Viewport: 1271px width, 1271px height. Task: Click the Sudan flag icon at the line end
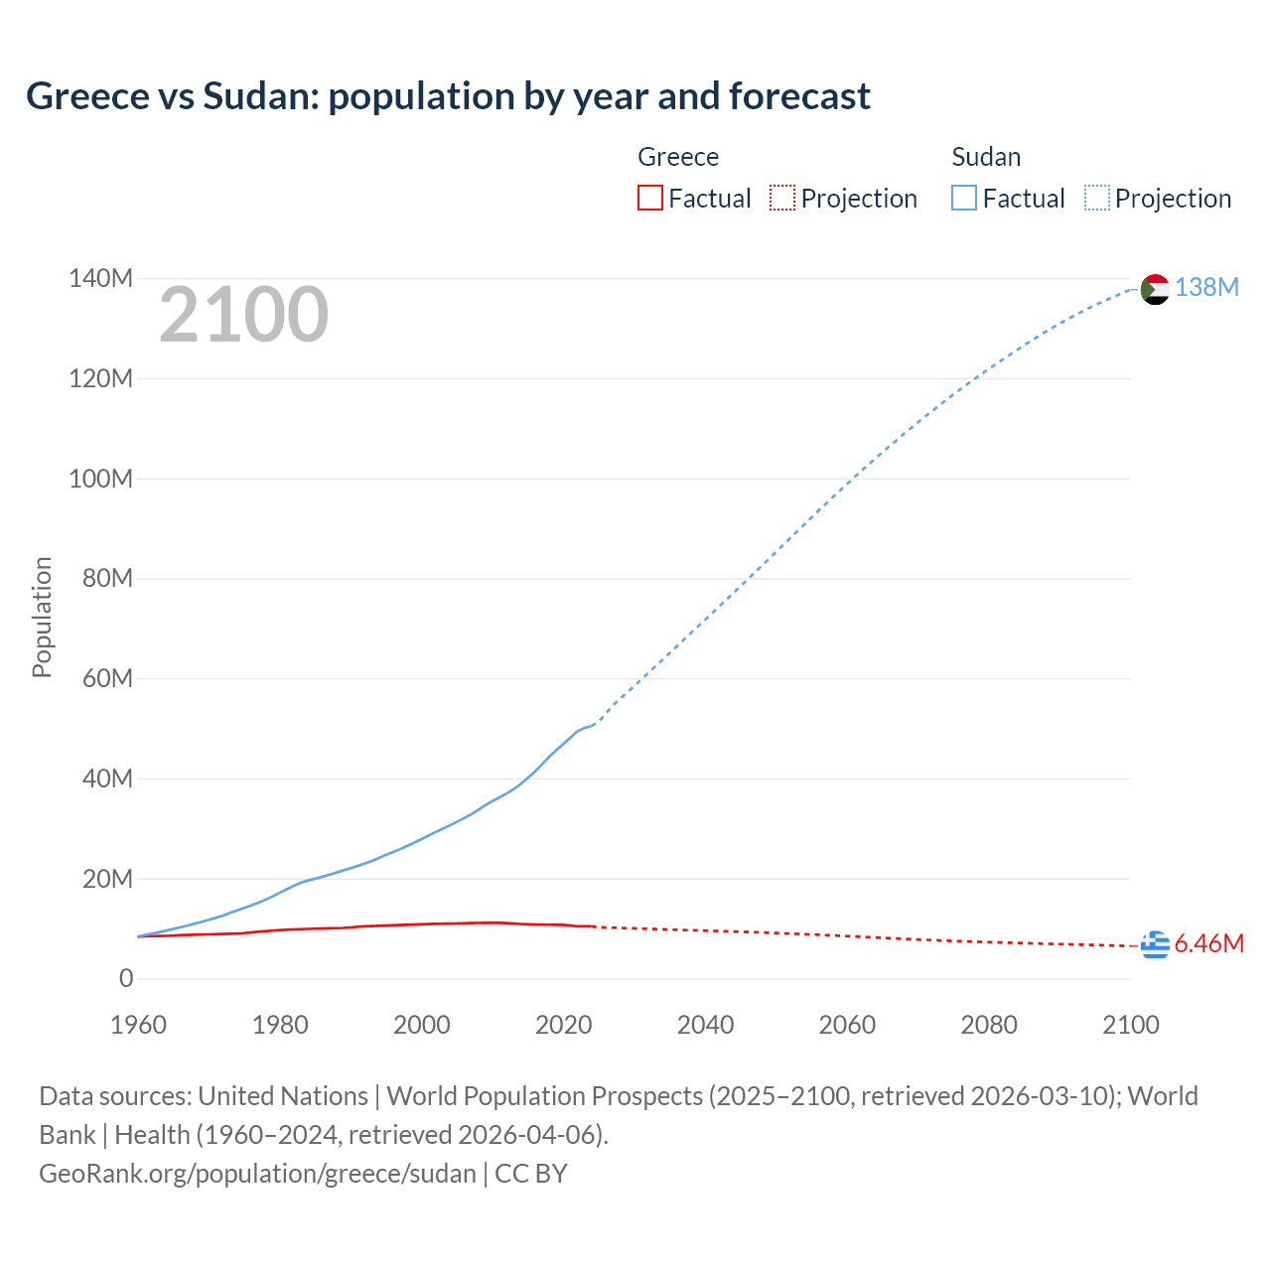1155,289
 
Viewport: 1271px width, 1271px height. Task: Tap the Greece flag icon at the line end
1155,945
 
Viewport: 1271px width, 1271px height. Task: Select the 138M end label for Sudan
1206,288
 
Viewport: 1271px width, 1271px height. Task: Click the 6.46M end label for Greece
1208,944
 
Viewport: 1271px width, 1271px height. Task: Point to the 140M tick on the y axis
100,279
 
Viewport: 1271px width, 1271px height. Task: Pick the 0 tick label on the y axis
126,979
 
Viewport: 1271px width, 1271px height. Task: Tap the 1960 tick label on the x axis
138,1025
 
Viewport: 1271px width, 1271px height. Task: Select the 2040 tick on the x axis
705,1025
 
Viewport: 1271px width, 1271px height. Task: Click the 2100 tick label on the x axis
1130,1025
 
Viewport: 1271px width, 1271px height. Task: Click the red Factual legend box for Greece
649,199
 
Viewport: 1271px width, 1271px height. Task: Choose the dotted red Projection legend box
782,199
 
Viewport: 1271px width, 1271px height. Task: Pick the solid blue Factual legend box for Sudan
963,199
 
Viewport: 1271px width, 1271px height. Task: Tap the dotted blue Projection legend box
1097,199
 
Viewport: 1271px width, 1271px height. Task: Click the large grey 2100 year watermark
243,315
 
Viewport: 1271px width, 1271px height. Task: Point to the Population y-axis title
42,617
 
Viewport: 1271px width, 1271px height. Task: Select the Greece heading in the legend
678,157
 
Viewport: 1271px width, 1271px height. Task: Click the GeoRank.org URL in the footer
257,1174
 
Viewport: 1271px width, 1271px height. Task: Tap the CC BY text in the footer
531,1174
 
